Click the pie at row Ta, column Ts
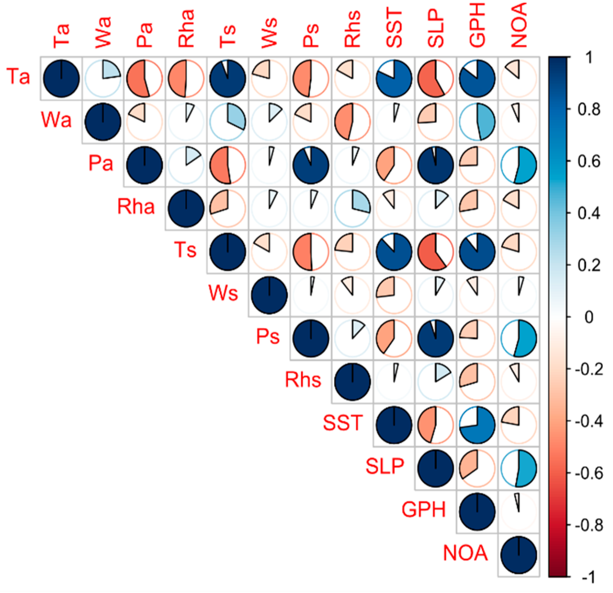coord(228,78)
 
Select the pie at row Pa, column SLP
coord(436,165)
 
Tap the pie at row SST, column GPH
coord(477,425)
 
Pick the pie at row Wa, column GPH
coord(477,122)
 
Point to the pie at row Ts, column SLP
coord(436,252)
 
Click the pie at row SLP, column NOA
coord(519,468)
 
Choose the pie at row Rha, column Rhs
coord(352,208)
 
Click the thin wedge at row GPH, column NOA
coord(517,502)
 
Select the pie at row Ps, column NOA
coord(519,338)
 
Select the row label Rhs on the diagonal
coord(303,380)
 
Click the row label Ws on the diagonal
coord(223,293)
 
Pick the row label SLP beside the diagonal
coord(385,466)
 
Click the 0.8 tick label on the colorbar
coord(589,110)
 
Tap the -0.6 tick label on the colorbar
coord(589,473)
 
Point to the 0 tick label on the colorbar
coord(589,317)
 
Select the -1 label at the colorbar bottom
coord(589,578)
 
